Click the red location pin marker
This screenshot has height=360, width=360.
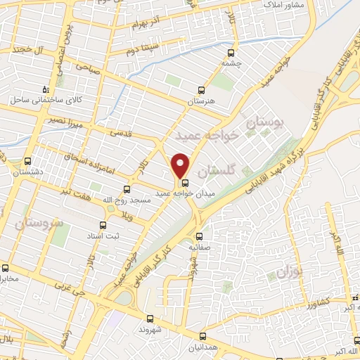(181, 165)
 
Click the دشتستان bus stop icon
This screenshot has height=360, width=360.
(28, 161)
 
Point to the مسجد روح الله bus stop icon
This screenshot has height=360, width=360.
(127, 188)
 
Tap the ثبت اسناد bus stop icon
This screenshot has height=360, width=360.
(103, 225)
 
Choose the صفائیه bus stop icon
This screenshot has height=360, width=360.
(199, 236)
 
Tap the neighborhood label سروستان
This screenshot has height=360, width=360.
(37, 224)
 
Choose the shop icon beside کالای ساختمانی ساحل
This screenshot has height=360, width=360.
(46, 89)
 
